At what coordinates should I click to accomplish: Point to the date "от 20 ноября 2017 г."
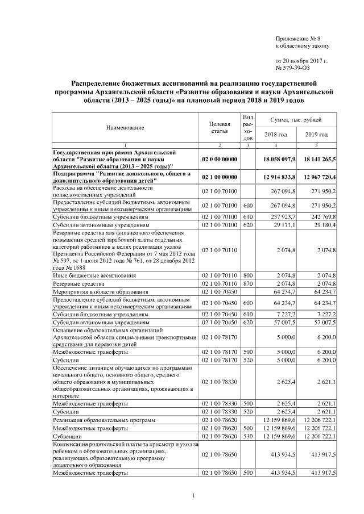coord(301,60)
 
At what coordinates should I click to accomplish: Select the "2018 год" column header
coord(276,135)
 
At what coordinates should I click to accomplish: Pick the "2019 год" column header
coord(316,135)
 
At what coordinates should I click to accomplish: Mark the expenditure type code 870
coord(247,283)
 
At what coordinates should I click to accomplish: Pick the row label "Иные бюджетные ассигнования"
coord(94,275)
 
